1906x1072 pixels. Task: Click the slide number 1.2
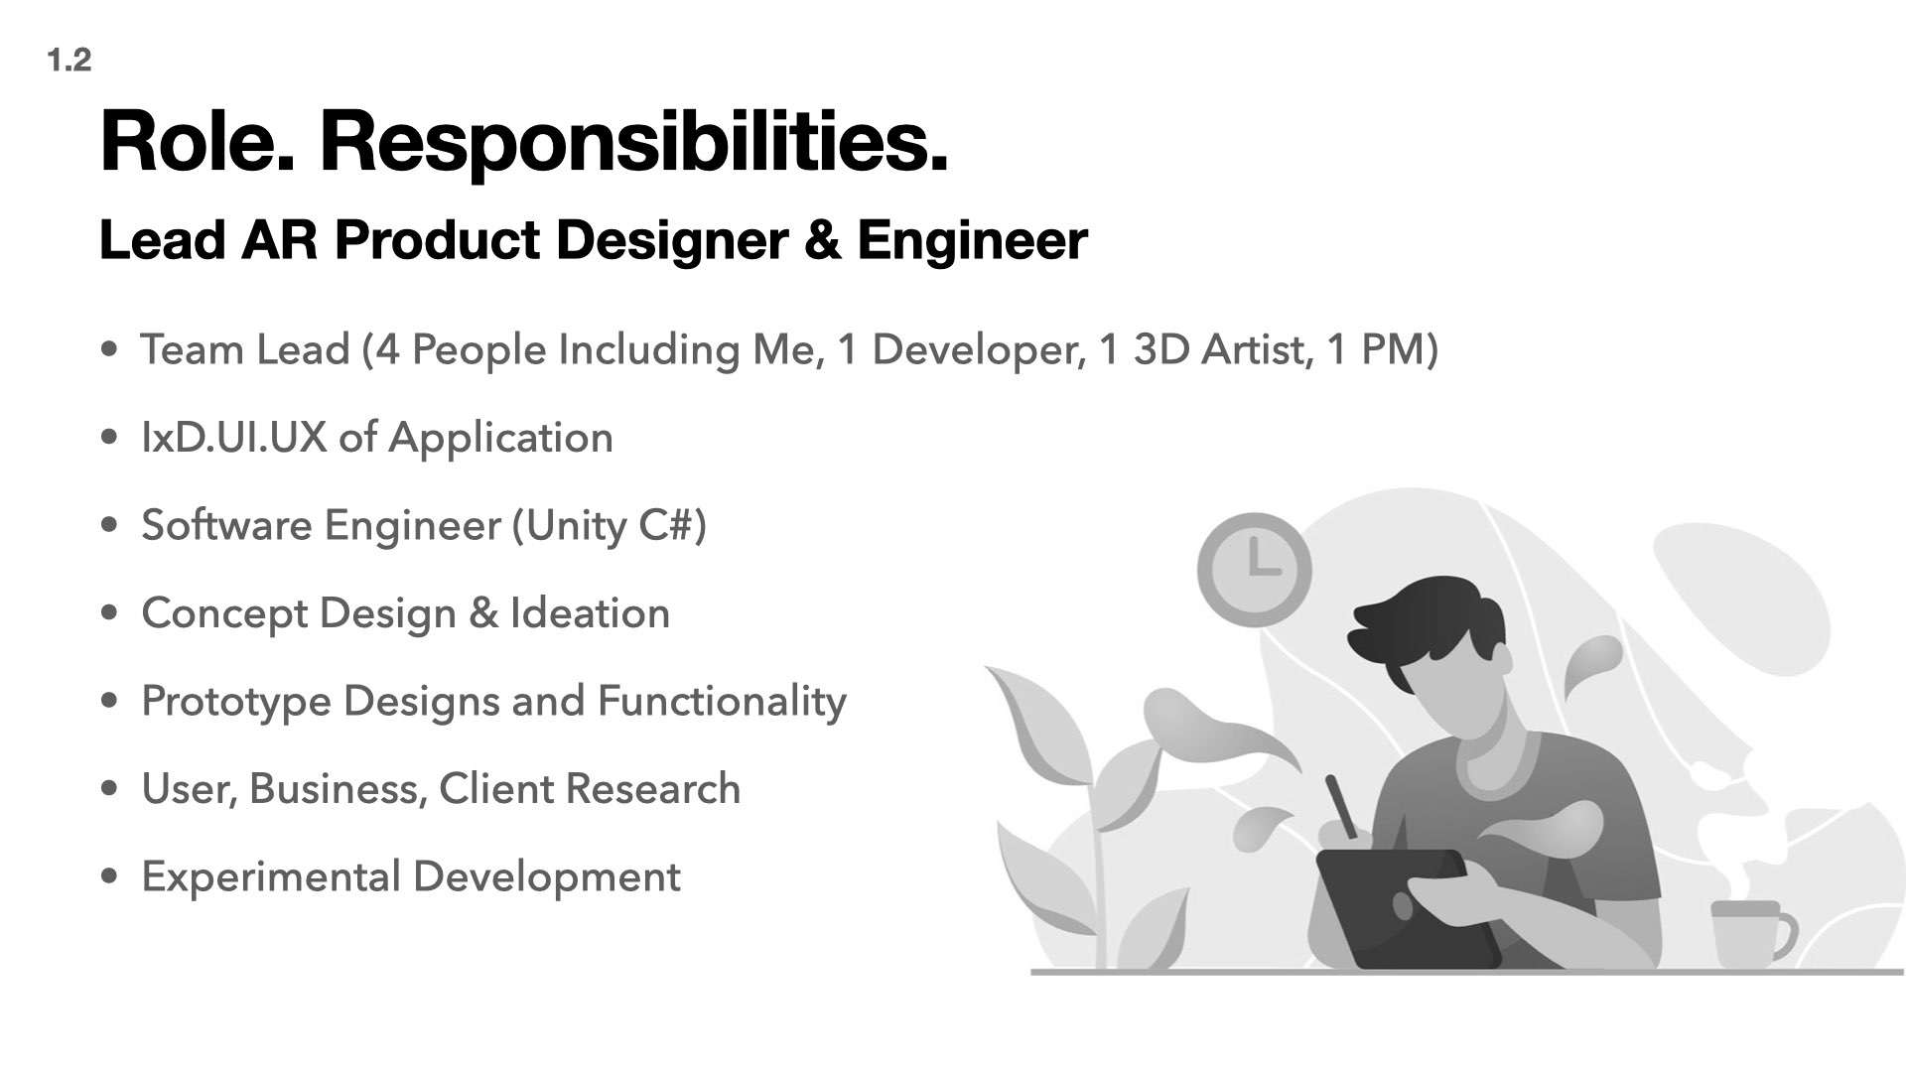[x=68, y=61]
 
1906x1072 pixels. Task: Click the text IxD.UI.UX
[x=234, y=438]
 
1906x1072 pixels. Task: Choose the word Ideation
[x=590, y=613]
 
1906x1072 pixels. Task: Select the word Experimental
[x=270, y=878]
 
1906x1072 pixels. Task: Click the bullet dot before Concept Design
[x=110, y=613]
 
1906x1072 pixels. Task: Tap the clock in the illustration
[x=1255, y=570]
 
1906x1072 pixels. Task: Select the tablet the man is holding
[x=1408, y=908]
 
